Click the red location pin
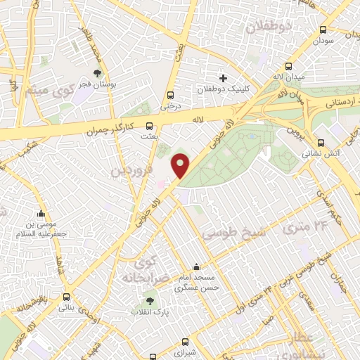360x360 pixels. [x=181, y=165]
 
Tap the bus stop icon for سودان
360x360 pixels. [x=323, y=30]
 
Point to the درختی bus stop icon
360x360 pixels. [x=170, y=96]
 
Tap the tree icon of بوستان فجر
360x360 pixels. [x=97, y=72]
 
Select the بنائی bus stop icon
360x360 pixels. [x=66, y=297]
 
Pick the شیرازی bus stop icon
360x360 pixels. [x=185, y=324]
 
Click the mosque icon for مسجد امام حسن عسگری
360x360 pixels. [x=195, y=267]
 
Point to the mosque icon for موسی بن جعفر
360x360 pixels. [x=41, y=214]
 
